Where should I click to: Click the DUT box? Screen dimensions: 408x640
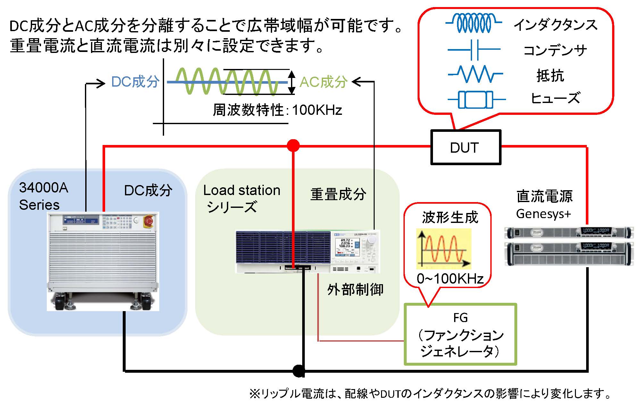465,148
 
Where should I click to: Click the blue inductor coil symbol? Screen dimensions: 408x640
474,23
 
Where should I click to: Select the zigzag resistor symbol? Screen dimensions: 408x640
476,74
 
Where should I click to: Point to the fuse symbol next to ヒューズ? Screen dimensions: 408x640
476,99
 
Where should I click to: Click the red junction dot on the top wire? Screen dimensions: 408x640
293,146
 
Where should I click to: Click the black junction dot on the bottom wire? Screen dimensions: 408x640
298,371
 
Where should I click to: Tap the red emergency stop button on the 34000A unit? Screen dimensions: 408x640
149,221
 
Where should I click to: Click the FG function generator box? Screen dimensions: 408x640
460,335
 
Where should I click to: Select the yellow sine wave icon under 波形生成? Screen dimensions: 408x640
444,249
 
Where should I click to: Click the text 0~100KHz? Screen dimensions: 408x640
450,278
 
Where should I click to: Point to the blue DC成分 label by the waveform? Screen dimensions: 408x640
135,82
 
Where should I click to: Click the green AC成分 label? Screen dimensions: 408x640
323,82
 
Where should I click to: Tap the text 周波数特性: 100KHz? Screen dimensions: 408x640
277,110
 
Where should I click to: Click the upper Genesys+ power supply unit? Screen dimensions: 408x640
569,232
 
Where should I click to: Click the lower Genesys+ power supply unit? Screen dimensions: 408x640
569,254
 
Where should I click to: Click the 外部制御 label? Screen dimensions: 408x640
355,289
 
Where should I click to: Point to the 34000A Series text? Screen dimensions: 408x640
43,196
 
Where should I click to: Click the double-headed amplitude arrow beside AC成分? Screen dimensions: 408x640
291,82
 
